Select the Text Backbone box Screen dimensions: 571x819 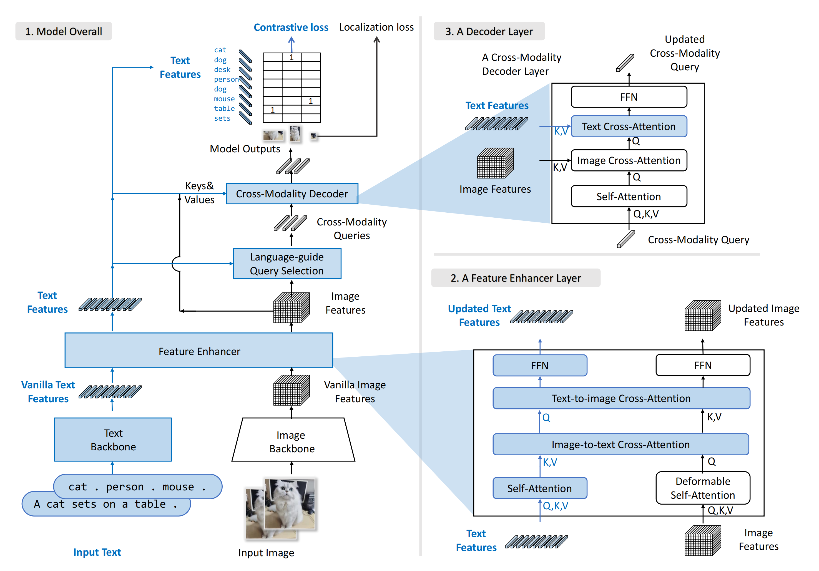(x=113, y=440)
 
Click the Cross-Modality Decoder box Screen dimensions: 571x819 (x=292, y=193)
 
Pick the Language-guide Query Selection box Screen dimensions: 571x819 (x=287, y=264)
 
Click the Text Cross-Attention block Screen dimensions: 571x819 (x=629, y=126)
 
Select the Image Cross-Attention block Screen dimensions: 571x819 (x=629, y=160)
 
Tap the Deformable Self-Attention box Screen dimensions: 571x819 (x=702, y=488)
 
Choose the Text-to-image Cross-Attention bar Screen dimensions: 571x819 (x=621, y=398)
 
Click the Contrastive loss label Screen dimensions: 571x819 (x=291, y=28)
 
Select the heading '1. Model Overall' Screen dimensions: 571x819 (x=64, y=31)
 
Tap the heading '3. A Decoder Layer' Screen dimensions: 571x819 (x=489, y=31)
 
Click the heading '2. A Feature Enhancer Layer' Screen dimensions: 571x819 (x=516, y=278)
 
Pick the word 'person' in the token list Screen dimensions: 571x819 (x=226, y=79)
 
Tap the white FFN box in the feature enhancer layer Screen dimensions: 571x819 (x=702, y=365)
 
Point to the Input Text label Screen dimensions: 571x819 (x=97, y=552)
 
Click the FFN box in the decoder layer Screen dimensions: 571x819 (x=629, y=97)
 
